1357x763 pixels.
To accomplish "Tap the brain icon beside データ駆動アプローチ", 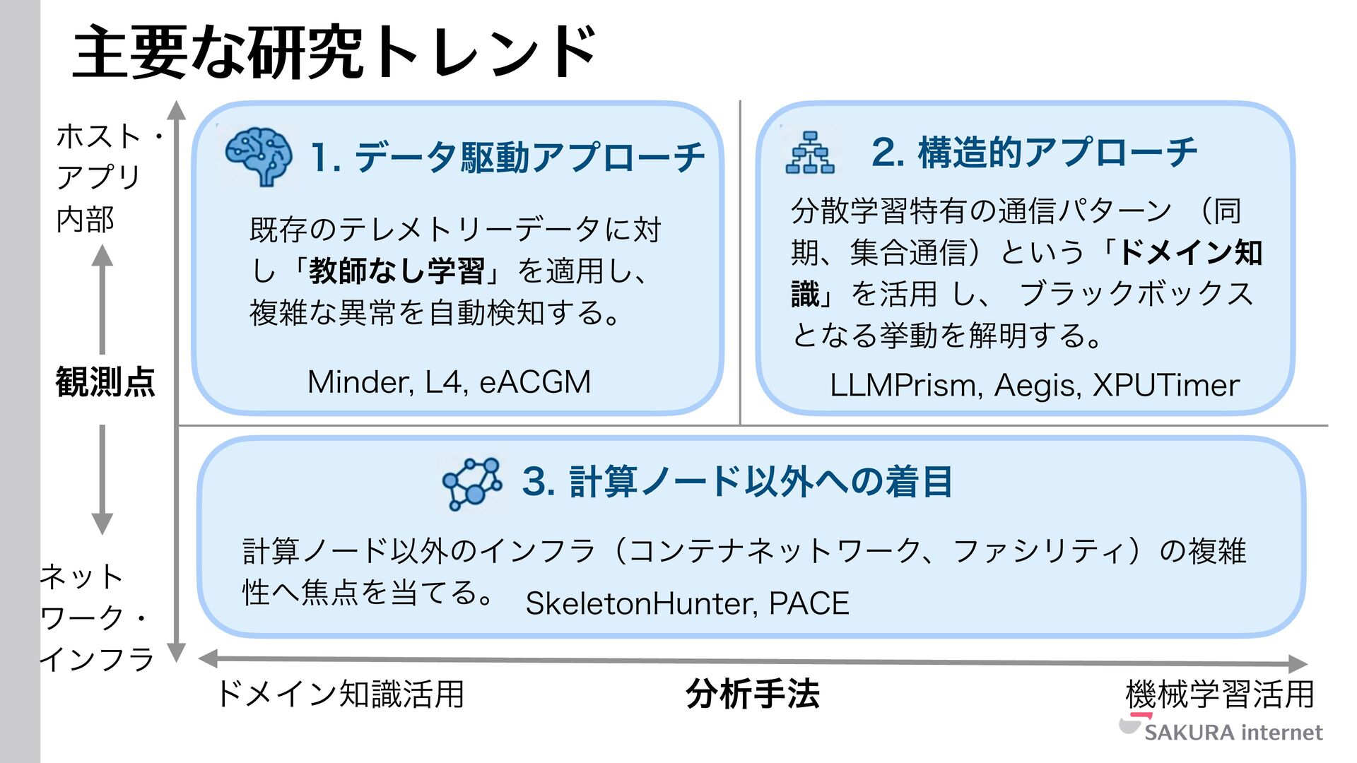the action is pos(258,156).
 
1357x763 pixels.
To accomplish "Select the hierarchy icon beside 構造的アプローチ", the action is pos(810,153).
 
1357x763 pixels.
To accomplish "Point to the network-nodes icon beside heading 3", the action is pos(472,483).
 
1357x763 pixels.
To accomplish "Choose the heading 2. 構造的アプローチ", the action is pos(1034,153).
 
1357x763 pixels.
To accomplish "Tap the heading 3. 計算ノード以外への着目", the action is pos(737,483).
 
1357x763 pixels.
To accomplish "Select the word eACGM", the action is pos(535,382).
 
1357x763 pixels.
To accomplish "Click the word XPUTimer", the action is pos(1166,386).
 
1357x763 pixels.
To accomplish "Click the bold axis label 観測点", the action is pos(105,382).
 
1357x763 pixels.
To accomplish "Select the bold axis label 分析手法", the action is pos(753,694).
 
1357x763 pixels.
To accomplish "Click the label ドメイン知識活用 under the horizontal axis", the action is pos(341,694).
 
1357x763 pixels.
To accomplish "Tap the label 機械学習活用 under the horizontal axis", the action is pos(1220,694).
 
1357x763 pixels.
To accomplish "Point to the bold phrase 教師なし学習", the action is pos(396,271).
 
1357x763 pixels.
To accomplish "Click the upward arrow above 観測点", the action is pos(102,297).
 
